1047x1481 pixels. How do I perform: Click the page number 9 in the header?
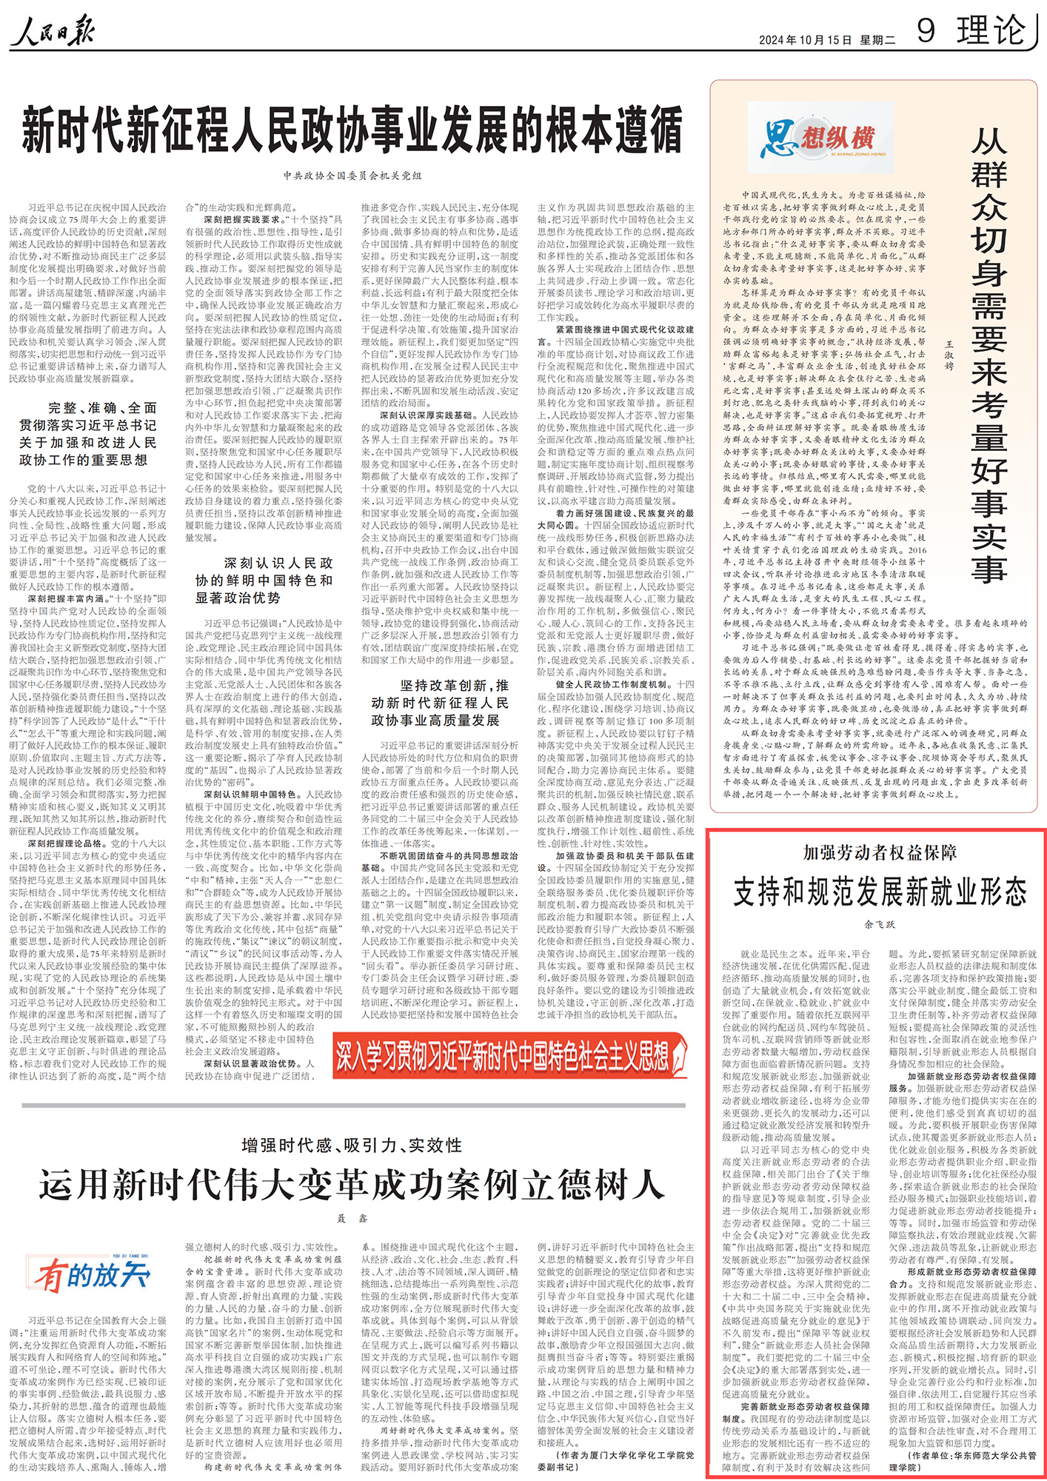pos(926,31)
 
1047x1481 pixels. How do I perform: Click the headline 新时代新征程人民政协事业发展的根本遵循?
pos(352,130)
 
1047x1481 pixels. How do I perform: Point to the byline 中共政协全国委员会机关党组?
pos(352,175)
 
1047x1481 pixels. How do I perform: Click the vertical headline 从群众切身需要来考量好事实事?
pos(989,355)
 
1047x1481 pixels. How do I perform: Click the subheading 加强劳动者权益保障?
pos(879,852)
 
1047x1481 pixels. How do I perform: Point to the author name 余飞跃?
pos(879,924)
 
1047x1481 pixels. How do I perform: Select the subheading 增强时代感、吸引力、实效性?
pos(352,1146)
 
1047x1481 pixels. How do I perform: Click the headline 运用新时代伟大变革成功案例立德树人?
pos(352,1186)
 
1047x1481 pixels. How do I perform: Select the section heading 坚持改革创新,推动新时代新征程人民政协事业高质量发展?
pos(440,703)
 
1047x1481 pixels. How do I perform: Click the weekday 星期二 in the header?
pos(877,40)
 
